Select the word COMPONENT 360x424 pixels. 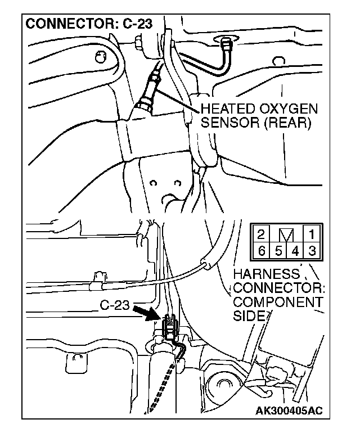coord(278,303)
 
